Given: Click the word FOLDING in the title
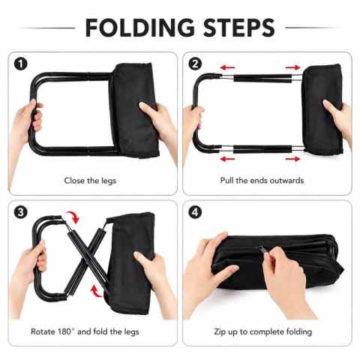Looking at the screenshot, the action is click(139, 28).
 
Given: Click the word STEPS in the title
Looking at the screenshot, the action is click(239, 28).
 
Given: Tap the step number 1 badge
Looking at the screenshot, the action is click(21, 64).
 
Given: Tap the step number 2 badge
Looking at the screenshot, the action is click(195, 64).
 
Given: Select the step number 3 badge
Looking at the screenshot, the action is click(21, 212).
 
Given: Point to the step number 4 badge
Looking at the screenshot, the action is click(195, 212).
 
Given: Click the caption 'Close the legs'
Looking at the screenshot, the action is click(90, 181).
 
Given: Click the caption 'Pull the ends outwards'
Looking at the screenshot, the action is click(262, 180).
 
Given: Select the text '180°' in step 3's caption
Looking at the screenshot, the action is click(67, 331).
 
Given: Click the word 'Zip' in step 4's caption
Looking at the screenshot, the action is click(219, 332).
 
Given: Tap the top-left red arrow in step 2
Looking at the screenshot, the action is click(227, 67).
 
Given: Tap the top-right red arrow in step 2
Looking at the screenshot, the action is click(292, 67).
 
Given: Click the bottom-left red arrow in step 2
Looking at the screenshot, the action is click(227, 159).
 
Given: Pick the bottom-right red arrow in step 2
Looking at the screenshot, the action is click(292, 159).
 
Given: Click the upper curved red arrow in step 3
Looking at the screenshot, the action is click(73, 215).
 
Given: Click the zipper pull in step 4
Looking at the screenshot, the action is click(262, 250).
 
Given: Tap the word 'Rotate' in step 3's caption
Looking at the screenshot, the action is click(43, 331).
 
